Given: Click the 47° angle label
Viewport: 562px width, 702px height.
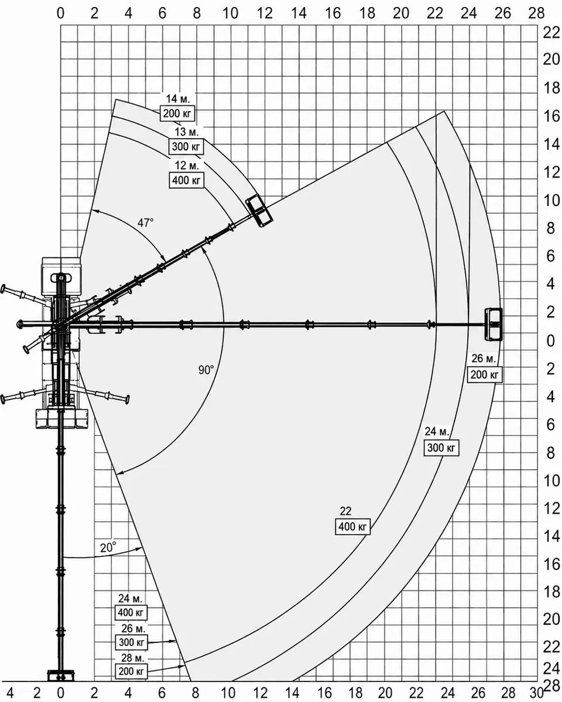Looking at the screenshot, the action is coord(145,223).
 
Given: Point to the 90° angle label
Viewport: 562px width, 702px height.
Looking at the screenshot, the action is coord(206,370).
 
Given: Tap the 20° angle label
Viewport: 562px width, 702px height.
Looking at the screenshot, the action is coord(108,548).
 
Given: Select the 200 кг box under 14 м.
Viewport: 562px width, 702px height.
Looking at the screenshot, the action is coord(177,113).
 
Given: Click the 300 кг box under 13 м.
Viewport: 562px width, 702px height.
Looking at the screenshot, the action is coord(186,146).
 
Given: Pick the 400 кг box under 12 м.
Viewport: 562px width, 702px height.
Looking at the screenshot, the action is coord(187,180).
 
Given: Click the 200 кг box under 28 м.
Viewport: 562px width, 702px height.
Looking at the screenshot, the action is coord(131,671).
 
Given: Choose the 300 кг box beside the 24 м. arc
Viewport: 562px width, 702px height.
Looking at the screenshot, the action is coord(441,448).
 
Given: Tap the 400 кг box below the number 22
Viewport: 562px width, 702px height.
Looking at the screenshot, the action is coord(352,526).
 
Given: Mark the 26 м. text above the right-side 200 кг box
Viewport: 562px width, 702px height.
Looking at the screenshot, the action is coord(484,359).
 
